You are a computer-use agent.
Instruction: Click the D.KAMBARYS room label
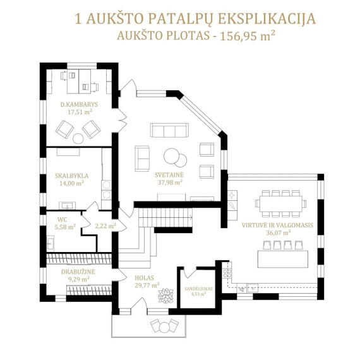[x=79, y=104]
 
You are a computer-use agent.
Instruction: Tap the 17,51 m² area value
[x=80, y=112]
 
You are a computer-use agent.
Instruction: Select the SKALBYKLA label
[x=71, y=176]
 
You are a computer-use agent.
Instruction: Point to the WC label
[x=63, y=220]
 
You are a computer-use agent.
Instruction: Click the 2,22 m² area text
[x=105, y=226]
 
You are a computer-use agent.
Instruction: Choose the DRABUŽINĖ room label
[x=78, y=272]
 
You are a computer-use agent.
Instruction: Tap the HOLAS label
[x=144, y=278]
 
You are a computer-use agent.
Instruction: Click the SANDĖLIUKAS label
[x=198, y=289]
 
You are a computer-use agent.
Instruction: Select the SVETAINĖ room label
[x=169, y=175]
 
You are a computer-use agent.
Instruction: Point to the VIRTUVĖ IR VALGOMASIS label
[x=277, y=225]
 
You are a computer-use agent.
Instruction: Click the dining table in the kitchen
[x=281, y=203]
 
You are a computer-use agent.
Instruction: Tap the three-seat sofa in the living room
[x=169, y=130]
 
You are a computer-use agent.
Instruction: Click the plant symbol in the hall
[x=165, y=296]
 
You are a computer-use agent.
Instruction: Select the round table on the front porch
[x=164, y=328]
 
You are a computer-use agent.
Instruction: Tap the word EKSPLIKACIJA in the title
[x=267, y=19]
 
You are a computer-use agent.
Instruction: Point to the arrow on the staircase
[x=190, y=217]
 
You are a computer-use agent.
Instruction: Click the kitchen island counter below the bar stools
[x=282, y=259]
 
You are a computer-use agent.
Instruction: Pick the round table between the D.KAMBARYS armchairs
[x=78, y=139]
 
